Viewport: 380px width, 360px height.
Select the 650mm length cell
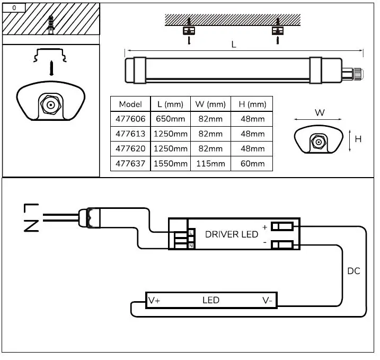171,119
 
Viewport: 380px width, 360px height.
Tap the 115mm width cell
210,164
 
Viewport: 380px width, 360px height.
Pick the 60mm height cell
252,164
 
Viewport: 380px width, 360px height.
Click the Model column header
130,104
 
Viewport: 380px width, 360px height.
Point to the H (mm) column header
252,104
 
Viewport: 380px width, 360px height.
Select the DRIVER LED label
232,234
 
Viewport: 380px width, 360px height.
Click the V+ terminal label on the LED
154,301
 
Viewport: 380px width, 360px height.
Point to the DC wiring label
354,271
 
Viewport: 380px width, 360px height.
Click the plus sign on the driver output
264,227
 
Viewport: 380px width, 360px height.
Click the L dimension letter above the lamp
234,45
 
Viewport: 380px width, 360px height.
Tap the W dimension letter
320,113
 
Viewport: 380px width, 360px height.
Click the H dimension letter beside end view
358,139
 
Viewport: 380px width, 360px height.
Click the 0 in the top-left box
14,8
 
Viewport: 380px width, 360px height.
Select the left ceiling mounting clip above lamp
188,31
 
